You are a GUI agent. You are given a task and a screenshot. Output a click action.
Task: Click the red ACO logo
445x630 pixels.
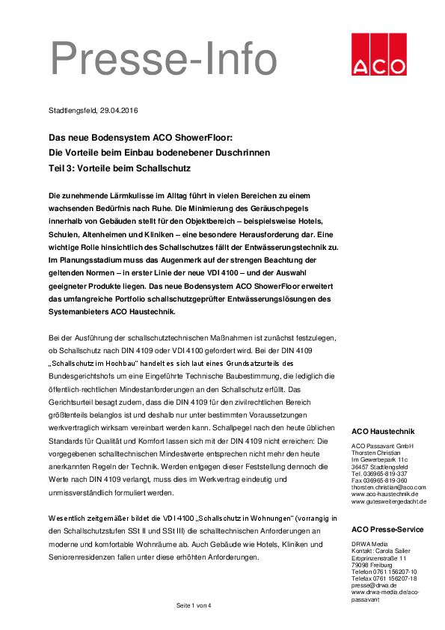tap(376, 55)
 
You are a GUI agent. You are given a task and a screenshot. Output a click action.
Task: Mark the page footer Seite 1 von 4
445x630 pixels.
tap(194, 605)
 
